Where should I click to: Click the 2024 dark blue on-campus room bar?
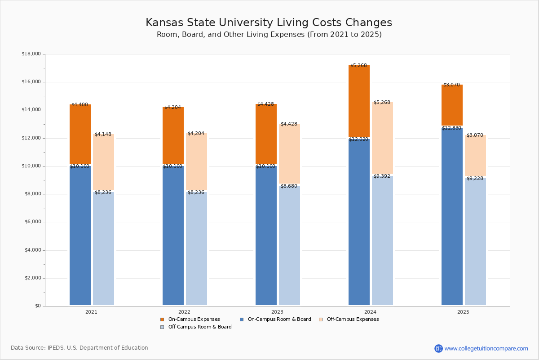[359, 223]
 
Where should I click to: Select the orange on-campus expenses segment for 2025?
[452, 105]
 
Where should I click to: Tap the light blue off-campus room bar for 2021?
[103, 249]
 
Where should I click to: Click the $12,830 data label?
[451, 128]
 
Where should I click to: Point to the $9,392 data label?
[382, 176]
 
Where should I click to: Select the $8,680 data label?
[289, 186]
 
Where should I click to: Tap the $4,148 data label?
[103, 134]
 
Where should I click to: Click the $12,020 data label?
[358, 139]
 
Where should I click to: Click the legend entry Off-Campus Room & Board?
[200, 327]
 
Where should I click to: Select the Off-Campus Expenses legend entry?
[353, 319]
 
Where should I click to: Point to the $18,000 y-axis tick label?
[31, 54]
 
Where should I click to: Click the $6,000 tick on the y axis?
[32, 222]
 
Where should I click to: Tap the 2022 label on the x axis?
[184, 312]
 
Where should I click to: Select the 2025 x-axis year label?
[463, 312]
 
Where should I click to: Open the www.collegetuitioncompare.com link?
[486, 348]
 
